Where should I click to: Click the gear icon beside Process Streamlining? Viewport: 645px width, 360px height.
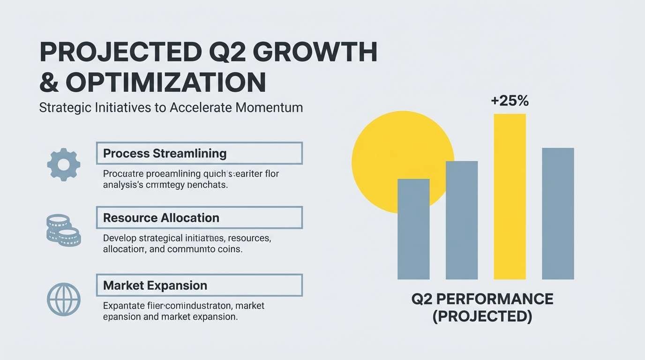coord(64,164)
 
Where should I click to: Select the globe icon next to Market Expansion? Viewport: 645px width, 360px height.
coord(64,299)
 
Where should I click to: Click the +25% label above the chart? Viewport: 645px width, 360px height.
coord(510,101)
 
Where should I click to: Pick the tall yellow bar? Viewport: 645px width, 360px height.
coord(510,197)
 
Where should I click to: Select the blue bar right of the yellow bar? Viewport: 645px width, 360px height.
coord(558,213)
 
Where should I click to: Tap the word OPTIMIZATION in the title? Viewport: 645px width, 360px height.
coord(166,82)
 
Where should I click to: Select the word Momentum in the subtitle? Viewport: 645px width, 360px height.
coord(269,107)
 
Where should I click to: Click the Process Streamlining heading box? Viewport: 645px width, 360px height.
coord(199,153)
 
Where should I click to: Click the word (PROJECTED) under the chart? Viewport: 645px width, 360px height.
coord(482,316)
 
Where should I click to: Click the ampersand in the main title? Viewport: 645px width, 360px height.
coord(49,82)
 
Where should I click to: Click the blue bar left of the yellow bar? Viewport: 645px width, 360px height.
coord(462,220)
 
